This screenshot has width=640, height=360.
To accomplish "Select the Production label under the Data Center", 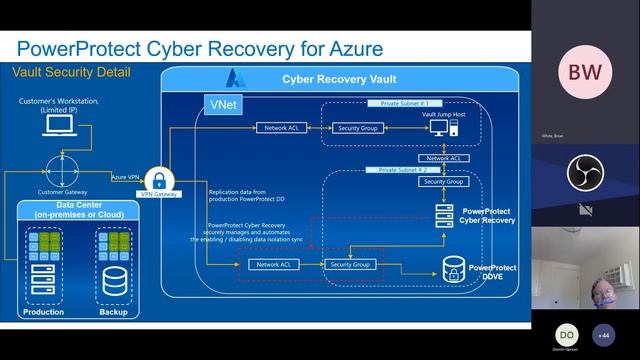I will click(44, 312).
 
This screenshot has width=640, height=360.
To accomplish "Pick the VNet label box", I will click(222, 104).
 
